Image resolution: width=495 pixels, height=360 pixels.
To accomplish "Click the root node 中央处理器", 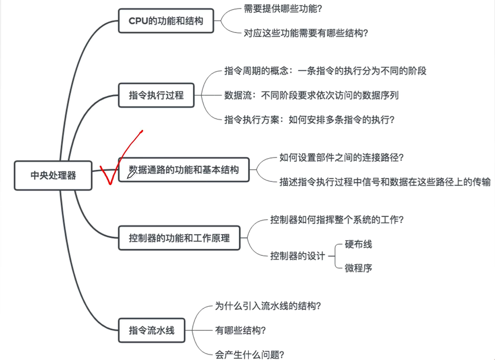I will pos(53,175).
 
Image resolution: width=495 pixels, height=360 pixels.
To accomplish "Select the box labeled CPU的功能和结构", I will pos(166,21).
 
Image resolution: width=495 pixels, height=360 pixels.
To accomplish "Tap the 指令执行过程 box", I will pos(156,95).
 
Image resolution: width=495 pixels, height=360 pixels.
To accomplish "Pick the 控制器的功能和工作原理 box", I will pos(179,238).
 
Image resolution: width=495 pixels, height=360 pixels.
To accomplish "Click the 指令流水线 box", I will pos(151,330).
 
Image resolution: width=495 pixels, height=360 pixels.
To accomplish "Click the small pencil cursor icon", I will pos(131,174).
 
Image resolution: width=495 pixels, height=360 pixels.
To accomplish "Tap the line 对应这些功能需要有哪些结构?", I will pos(306,33).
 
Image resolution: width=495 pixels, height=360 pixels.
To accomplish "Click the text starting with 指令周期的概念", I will pos(325,71).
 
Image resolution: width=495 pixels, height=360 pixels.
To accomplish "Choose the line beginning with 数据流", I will pos(311,95).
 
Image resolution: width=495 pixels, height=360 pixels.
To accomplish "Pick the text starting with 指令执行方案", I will pos(309,120).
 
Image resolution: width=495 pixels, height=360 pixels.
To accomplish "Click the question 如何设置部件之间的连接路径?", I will pos(342,158).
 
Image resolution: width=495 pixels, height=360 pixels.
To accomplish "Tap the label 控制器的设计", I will pos(298,256).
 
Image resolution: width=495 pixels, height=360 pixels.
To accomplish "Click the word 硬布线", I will pos(358,244).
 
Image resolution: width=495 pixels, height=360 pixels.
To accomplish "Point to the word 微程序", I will pos(358,268).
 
